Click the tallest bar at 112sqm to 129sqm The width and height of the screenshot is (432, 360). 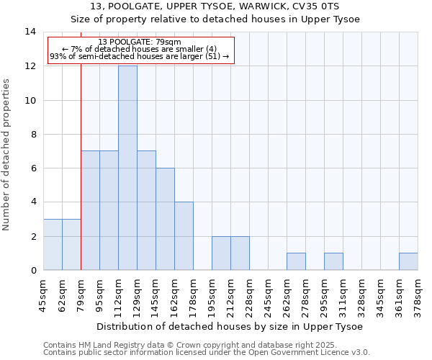coord(127,168)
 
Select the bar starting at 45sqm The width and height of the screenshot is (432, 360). coord(53,245)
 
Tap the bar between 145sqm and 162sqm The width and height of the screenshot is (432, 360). coord(165,219)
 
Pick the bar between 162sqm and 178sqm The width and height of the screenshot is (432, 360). coord(184,236)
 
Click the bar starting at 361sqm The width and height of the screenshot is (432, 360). coord(408,261)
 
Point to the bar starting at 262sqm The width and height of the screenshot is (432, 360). coord(296,261)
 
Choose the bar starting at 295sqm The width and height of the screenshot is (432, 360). coord(333,261)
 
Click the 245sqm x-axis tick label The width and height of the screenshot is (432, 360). coord(269,293)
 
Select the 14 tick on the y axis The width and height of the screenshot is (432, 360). coord(30,32)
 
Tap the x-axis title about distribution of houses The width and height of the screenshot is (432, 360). coord(230,326)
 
